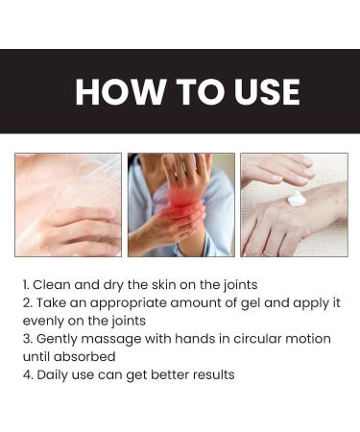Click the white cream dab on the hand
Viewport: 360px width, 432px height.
point(296,200)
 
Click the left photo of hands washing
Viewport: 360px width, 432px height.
point(68,204)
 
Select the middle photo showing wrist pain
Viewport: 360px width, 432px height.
point(180,204)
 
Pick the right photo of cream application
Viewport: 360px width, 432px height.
point(293,204)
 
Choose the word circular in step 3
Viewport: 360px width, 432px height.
point(253,339)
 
